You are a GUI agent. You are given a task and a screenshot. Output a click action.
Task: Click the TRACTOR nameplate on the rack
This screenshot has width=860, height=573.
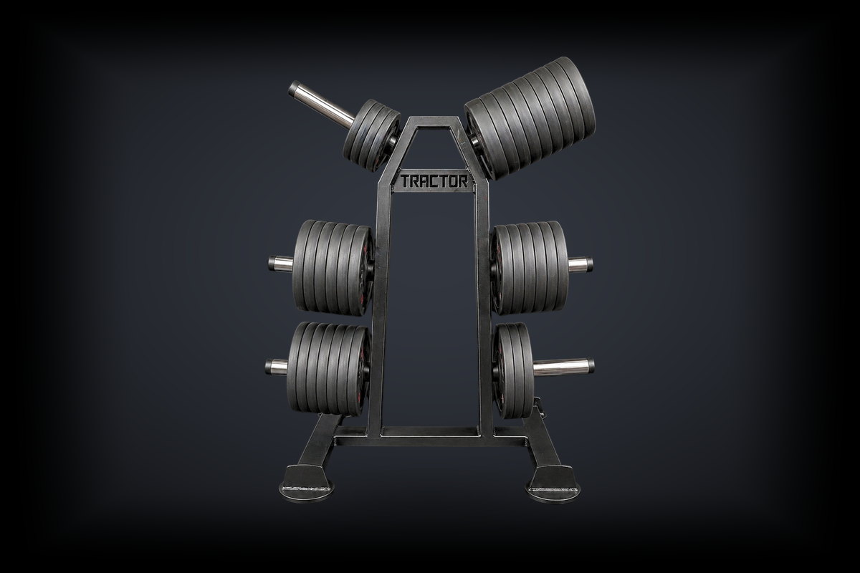pos(434,181)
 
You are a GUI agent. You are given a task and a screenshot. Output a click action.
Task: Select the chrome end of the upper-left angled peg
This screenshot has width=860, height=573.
pos(322,105)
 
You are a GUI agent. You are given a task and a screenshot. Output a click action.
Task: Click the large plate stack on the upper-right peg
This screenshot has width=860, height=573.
pos(530,118)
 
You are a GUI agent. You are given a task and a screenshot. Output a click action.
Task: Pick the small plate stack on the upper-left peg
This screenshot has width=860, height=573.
pos(372,135)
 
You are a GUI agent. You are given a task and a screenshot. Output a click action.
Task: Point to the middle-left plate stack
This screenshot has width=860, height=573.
pos(333,267)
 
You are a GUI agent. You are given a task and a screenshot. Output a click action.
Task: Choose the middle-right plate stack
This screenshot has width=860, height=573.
pos(530,267)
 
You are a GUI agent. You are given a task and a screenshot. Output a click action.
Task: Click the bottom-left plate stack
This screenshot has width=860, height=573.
pos(329,368)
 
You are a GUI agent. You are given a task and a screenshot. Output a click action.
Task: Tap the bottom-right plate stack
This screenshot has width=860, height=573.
pos(513,370)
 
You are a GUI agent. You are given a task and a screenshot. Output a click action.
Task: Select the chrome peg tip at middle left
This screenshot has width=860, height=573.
pos(281,264)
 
